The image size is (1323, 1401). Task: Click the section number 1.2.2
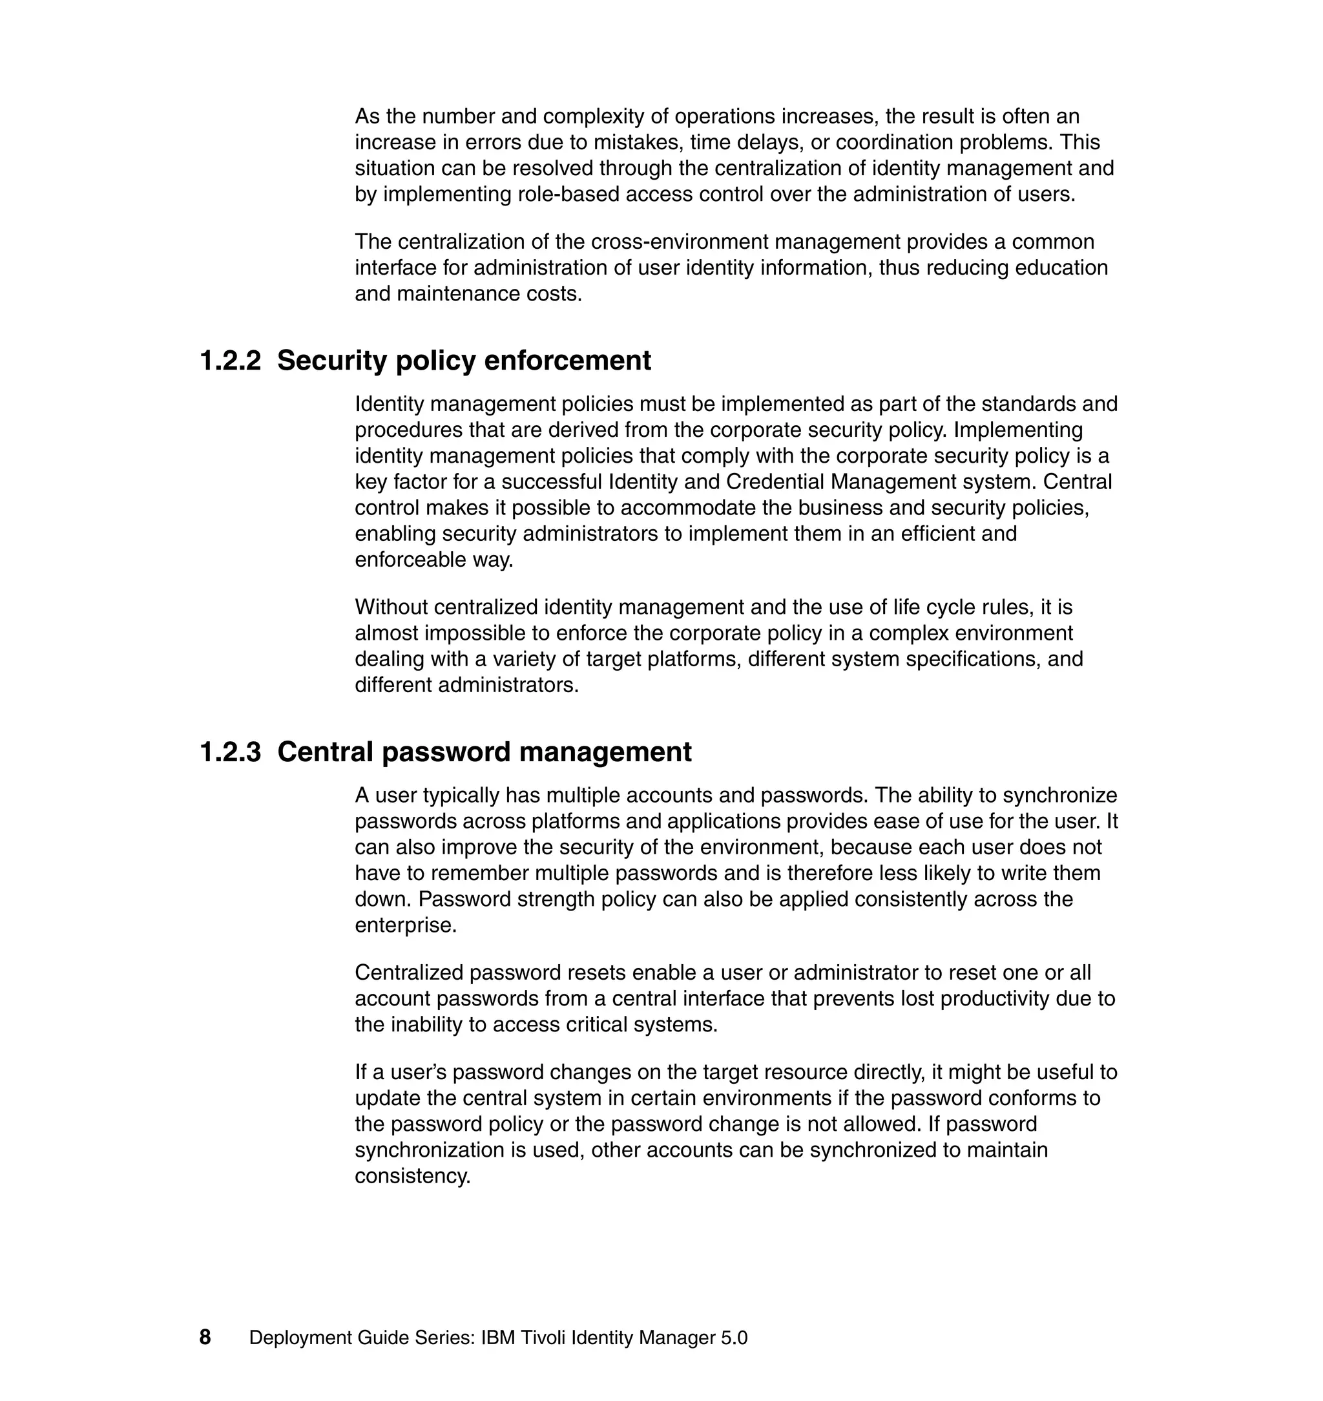pyautogui.click(x=230, y=361)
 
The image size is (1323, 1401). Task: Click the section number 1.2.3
pyautogui.click(x=230, y=752)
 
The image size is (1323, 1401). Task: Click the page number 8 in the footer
pyautogui.click(x=205, y=1338)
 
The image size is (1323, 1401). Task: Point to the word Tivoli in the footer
pyautogui.click(x=543, y=1338)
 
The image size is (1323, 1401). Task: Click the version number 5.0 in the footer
pyautogui.click(x=734, y=1338)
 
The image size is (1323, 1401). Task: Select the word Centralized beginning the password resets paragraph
pyautogui.click(x=408, y=972)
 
